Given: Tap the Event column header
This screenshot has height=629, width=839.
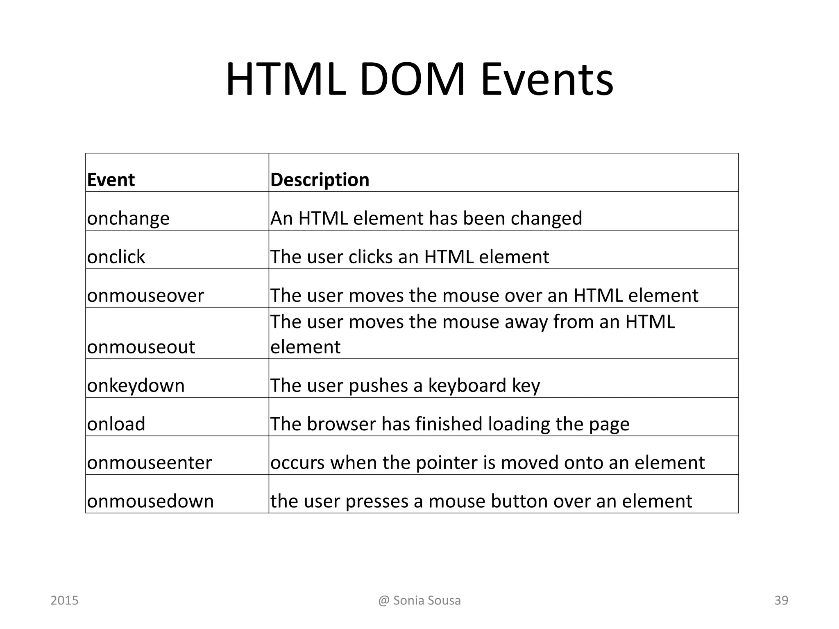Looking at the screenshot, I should [111, 180].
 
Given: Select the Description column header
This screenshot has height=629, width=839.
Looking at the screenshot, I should [320, 180].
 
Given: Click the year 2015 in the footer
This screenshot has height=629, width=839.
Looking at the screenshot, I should [64, 600].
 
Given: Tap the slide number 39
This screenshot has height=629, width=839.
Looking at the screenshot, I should [781, 600].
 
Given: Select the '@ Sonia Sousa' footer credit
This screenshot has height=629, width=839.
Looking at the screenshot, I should [419, 600].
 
